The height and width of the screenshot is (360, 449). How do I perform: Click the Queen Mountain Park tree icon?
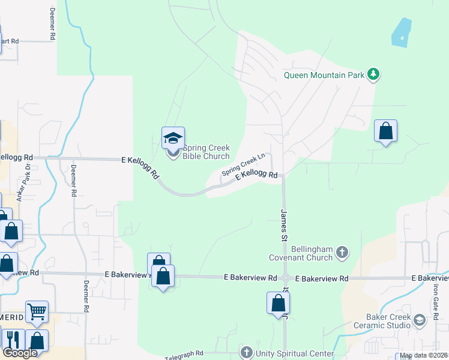375,74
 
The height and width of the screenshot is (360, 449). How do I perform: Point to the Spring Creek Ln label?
244,164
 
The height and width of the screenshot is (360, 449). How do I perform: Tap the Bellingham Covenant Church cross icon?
342,251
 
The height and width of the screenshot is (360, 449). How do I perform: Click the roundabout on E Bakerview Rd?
286,278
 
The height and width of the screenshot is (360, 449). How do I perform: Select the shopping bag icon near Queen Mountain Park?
385,131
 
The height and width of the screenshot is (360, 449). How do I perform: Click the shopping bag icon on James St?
279,303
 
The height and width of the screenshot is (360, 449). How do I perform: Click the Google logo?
20,353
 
